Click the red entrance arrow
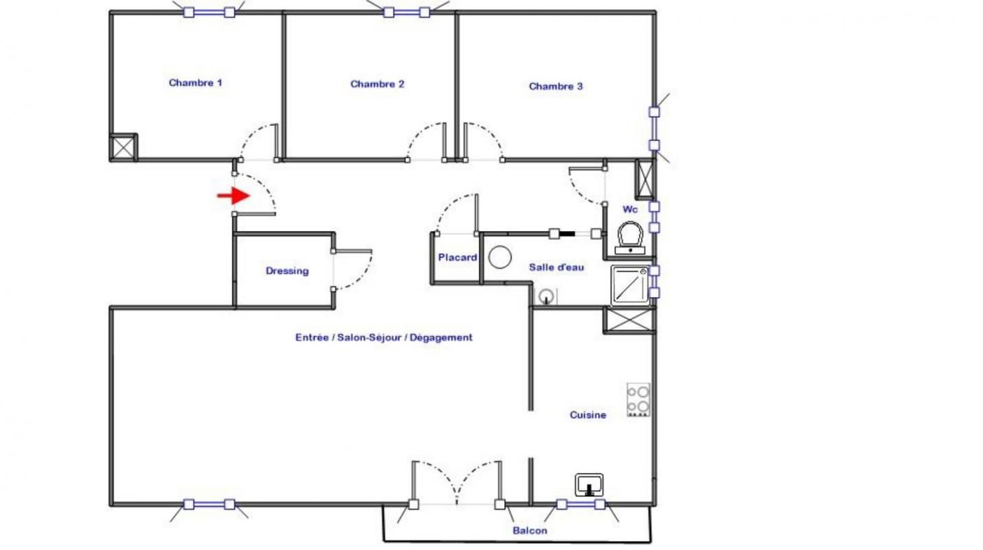point(234,196)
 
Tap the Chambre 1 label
point(195,83)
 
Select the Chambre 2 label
point(377,85)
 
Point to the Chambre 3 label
point(556,87)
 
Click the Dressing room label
point(287,271)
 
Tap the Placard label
point(457,258)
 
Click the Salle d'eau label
point(556,267)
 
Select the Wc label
point(630,208)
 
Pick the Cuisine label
point(588,415)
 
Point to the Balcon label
point(530,531)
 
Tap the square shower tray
point(630,285)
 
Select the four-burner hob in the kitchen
point(638,400)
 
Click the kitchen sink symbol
point(589,485)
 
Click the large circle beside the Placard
point(500,258)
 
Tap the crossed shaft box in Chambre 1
point(124,147)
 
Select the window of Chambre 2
point(407,12)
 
